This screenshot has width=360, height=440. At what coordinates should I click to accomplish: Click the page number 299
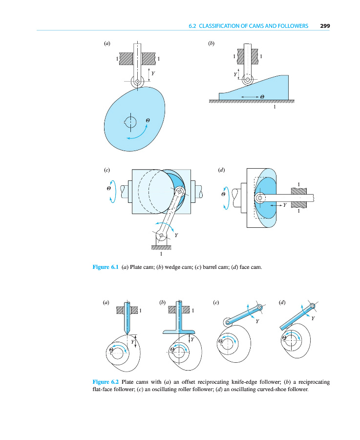pos(326,26)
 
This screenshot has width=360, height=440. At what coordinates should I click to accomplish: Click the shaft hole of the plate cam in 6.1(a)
pos(130,121)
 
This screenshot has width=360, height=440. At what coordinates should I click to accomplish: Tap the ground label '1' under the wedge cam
pos(275,108)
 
